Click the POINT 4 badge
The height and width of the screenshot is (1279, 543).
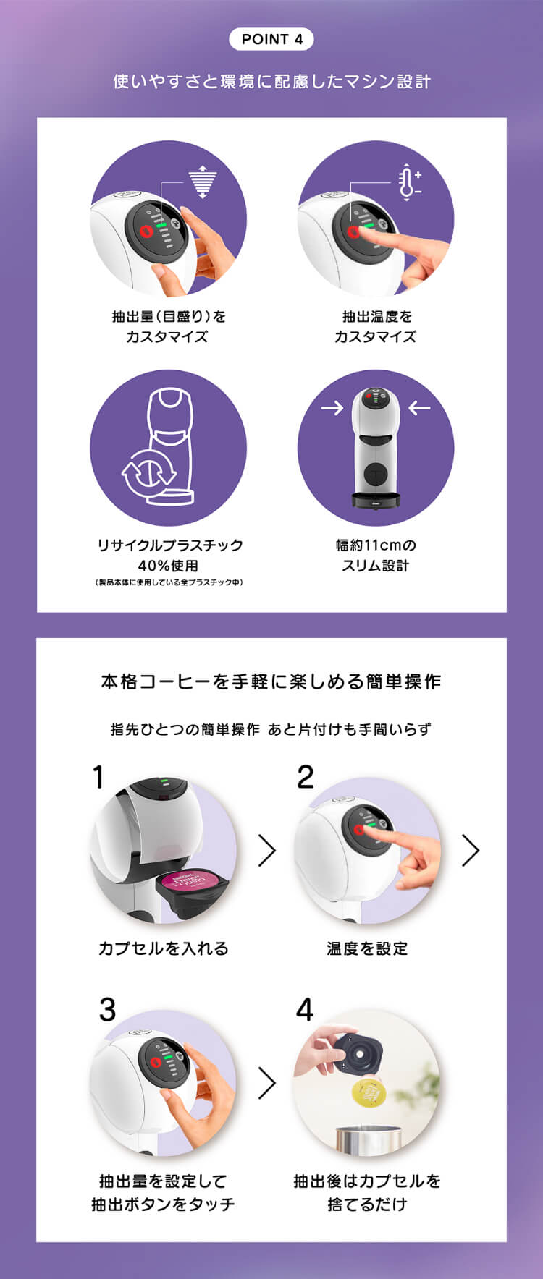click(271, 39)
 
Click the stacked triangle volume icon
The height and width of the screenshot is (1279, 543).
click(203, 182)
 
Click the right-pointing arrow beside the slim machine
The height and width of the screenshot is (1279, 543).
click(332, 408)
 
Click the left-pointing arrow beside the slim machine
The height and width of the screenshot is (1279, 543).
click(419, 408)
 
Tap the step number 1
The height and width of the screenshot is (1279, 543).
click(98, 778)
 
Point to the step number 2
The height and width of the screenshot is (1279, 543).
click(306, 778)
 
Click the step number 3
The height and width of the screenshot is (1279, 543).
click(107, 1009)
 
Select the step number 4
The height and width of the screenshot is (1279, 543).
click(305, 1009)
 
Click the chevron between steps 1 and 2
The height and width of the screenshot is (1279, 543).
click(267, 851)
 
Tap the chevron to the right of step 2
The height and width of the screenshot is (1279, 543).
click(471, 851)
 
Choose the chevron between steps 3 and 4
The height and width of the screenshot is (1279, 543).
click(267, 1083)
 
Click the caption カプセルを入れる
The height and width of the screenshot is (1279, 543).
click(164, 948)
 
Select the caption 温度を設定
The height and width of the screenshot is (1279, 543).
click(367, 948)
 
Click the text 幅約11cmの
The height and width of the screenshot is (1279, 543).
click(376, 545)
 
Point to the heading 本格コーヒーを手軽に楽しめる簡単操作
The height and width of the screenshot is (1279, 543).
click(271, 681)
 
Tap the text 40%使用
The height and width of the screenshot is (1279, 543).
click(168, 566)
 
